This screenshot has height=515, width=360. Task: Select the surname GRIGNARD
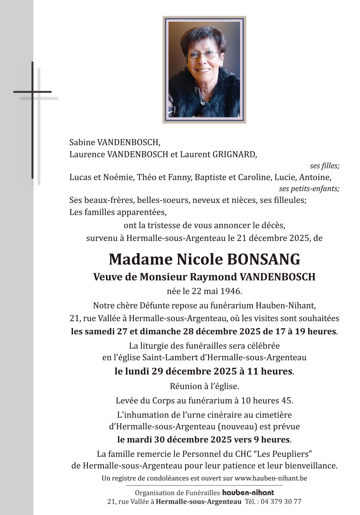[235, 154]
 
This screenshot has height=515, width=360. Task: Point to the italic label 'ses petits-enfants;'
[309, 189]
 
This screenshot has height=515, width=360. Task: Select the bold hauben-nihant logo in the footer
[248, 493]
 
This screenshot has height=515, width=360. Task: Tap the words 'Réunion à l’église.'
[204, 386]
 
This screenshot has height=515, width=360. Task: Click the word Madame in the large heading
[140, 259]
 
